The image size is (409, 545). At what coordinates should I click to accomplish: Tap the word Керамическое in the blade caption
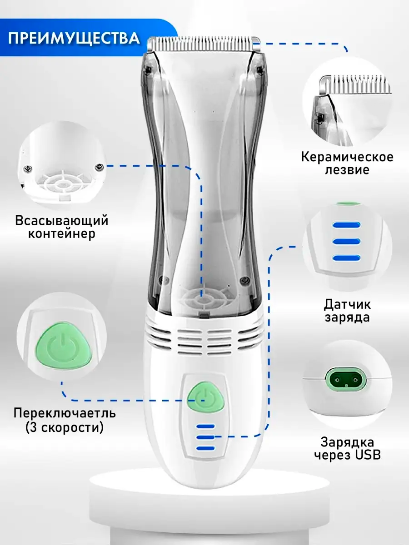point(347,158)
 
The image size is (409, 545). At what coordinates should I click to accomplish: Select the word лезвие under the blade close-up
point(347,170)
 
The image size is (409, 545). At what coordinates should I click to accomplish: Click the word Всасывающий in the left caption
point(62,221)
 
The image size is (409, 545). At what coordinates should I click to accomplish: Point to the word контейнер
point(62,234)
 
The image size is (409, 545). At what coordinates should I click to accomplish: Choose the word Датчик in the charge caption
point(347,303)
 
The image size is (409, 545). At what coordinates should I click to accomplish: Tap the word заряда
point(347,317)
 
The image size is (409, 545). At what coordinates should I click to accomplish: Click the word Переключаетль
point(65,414)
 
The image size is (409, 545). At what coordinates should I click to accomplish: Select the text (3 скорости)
point(65,427)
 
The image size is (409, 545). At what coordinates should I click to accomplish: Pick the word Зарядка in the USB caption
point(347,442)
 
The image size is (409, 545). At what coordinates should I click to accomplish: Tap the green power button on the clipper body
point(206,394)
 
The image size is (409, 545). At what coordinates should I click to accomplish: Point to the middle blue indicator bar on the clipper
point(205,437)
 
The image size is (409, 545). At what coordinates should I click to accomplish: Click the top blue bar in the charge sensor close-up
point(346,225)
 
